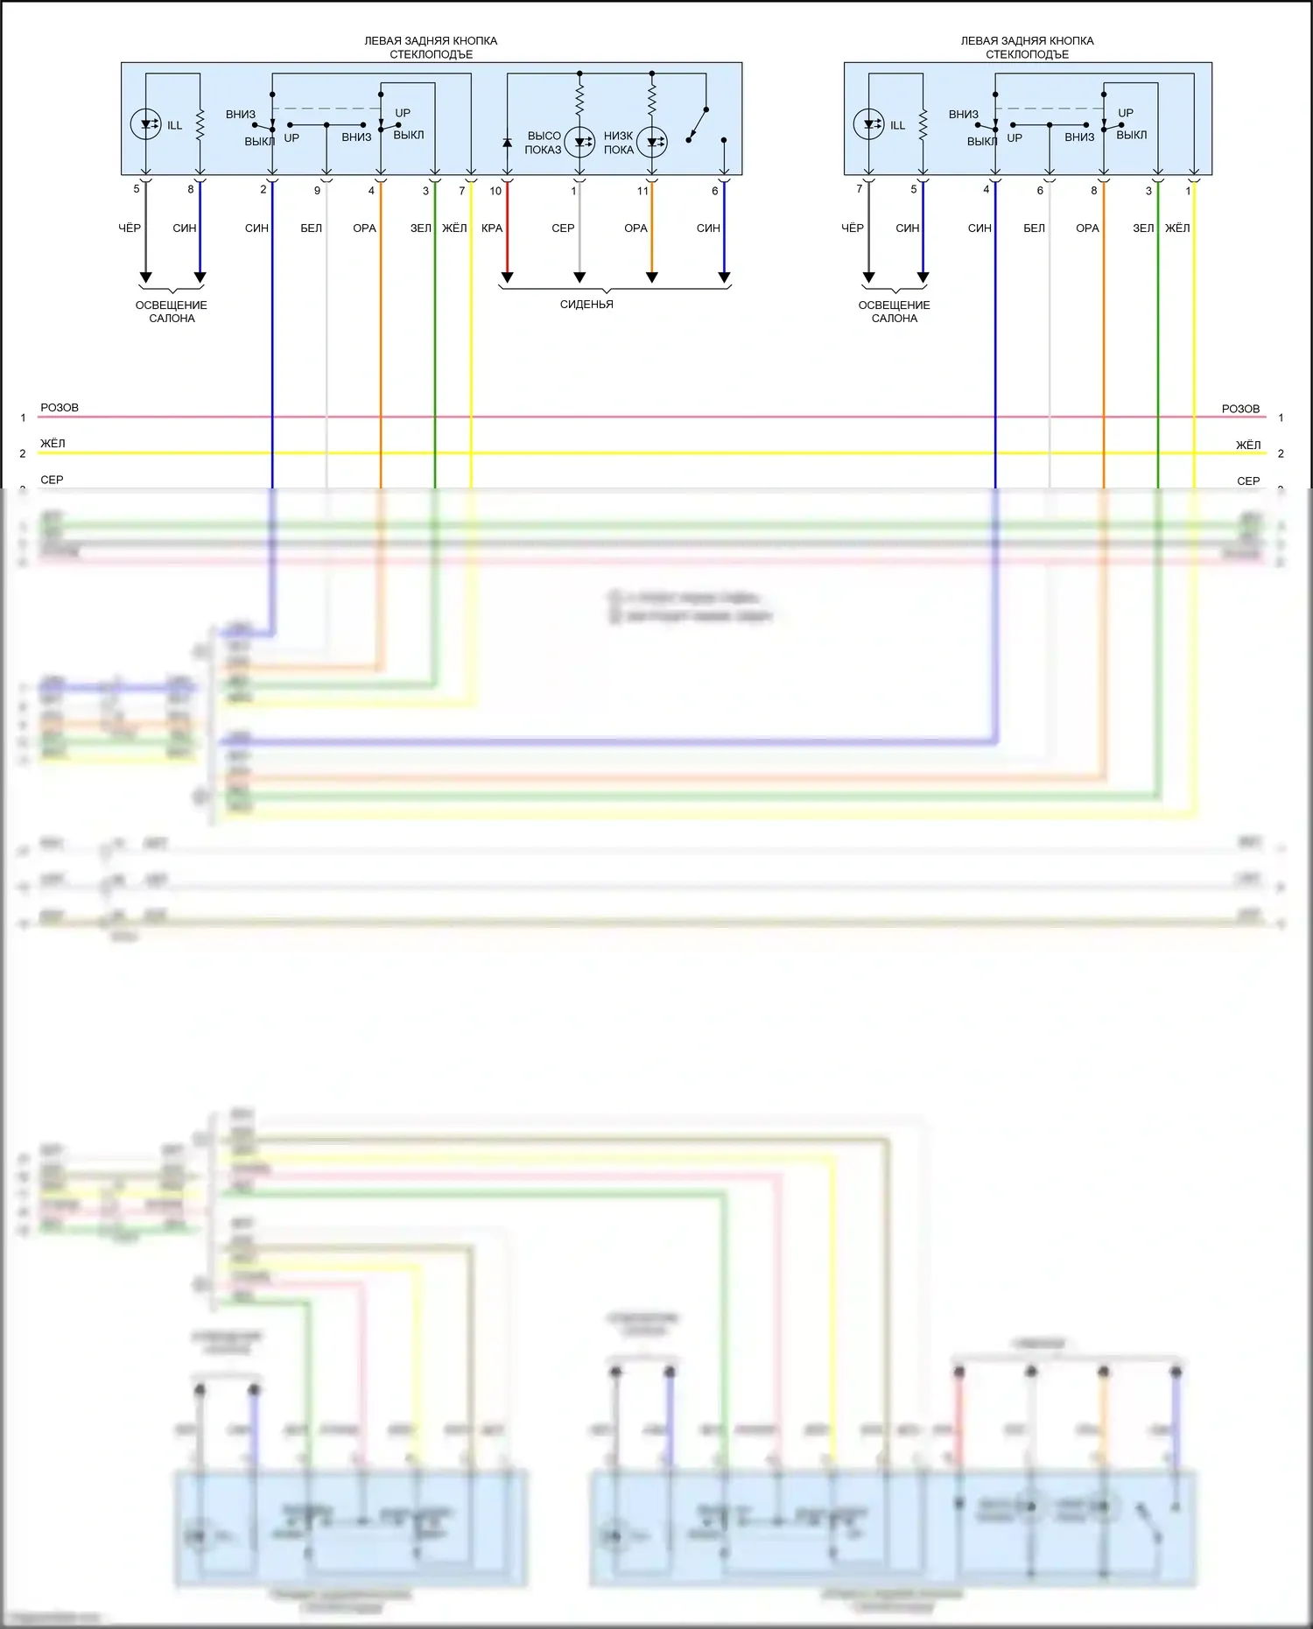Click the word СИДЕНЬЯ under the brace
click(x=586, y=305)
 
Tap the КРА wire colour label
click(x=492, y=228)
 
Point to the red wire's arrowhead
click(x=507, y=277)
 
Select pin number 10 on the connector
click(x=495, y=191)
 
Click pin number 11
click(x=642, y=191)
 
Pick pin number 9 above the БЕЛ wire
click(x=317, y=191)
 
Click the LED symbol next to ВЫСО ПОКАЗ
click(x=579, y=142)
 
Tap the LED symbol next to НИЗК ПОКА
click(x=652, y=142)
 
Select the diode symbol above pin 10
click(x=507, y=143)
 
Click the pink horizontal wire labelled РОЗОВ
click(x=613, y=418)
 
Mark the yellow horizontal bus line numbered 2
click(x=613, y=453)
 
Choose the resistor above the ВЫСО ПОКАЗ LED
click(x=579, y=98)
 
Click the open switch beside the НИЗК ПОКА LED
click(x=697, y=124)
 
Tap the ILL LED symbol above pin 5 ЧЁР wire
click(x=145, y=124)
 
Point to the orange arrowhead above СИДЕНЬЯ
click(x=652, y=277)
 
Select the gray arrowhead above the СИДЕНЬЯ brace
click(x=579, y=277)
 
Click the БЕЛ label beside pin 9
click(x=311, y=228)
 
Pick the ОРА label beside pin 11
click(x=635, y=228)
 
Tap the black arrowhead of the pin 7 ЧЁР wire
click(x=868, y=277)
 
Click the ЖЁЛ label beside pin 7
click(x=454, y=228)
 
